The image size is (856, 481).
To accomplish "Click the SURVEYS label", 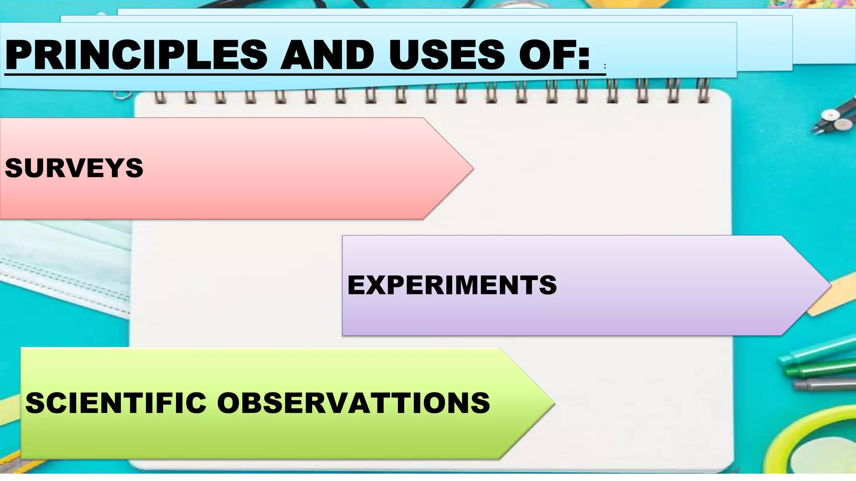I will click(74, 168).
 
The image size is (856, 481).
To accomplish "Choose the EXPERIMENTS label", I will click(452, 285).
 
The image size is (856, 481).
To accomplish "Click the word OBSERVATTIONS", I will click(353, 403).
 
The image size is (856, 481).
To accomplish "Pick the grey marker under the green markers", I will click(823, 383).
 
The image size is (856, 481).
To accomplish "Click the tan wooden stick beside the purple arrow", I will click(832, 292).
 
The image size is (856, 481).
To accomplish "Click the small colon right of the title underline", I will click(605, 66).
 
